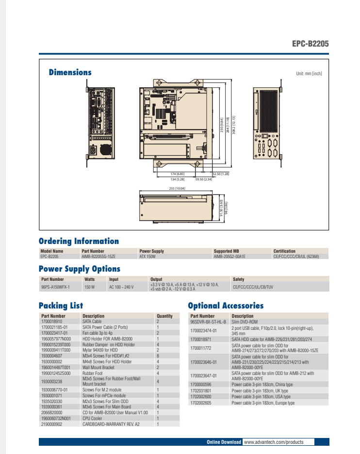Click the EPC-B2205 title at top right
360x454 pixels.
coord(310,44)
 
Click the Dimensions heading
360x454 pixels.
coord(70,73)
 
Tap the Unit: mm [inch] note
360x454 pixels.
coord(309,74)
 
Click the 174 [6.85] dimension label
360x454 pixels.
coord(177,174)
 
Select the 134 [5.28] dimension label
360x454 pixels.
coord(177,179)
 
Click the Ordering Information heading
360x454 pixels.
coord(79,241)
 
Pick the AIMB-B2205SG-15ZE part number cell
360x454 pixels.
coord(98,256)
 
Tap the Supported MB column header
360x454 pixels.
coord(226,251)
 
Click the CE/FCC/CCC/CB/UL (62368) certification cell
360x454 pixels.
coord(296,256)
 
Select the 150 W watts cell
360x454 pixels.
coord(89,287)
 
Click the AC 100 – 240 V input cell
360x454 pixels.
coord(121,287)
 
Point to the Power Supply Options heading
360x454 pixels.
coord(80,269)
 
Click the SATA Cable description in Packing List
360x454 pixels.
coord(92,321)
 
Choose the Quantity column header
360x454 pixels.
coord(164,316)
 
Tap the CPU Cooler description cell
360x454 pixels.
coord(93,418)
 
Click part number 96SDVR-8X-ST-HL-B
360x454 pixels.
coord(208,321)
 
